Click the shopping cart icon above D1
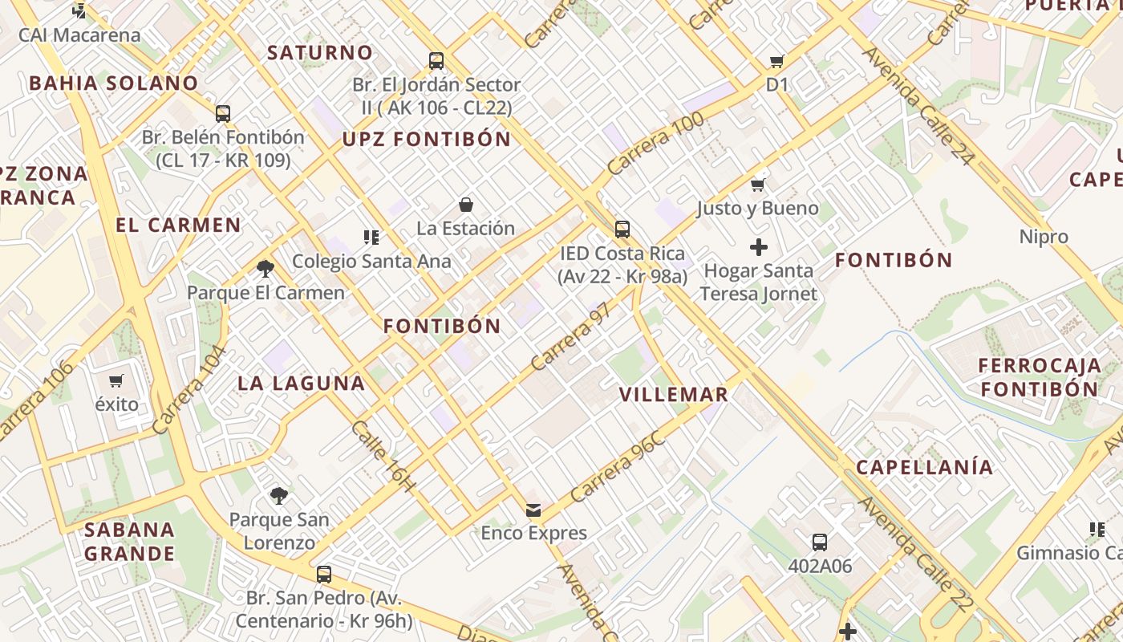pyautogui.click(x=776, y=61)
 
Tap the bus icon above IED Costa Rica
pyautogui.click(x=622, y=230)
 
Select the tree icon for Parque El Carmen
pyautogui.click(x=266, y=268)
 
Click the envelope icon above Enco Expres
pyautogui.click(x=533, y=510)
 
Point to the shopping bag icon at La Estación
pyautogui.click(x=466, y=205)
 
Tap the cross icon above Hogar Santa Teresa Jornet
pyautogui.click(x=758, y=247)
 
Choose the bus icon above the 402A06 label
pyautogui.click(x=819, y=542)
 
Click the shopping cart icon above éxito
pyautogui.click(x=117, y=380)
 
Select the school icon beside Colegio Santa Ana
pyautogui.click(x=371, y=237)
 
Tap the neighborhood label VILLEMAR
pyautogui.click(x=674, y=394)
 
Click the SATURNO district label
pyautogui.click(x=320, y=53)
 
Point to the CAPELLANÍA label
pyautogui.click(x=924, y=467)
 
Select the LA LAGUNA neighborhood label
pyautogui.click(x=302, y=383)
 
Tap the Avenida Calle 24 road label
pyautogui.click(x=918, y=105)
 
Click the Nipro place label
pyautogui.click(x=1044, y=237)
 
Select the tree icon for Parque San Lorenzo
pyautogui.click(x=278, y=496)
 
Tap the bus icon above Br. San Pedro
pyautogui.click(x=323, y=575)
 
